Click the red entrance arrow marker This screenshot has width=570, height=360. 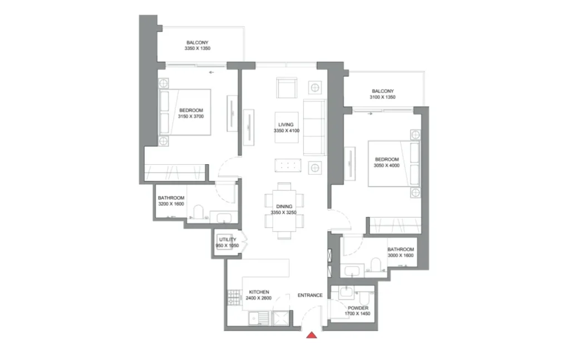point(312,334)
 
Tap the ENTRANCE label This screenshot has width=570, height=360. point(310,295)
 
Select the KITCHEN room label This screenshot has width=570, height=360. point(259,292)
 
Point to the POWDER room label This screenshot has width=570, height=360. point(358,308)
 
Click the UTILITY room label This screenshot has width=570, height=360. point(227,240)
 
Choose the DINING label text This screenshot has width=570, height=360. point(284,206)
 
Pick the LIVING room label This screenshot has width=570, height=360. point(286,125)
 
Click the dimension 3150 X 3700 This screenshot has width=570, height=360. point(191,117)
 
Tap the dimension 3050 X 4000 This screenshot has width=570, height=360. point(386,166)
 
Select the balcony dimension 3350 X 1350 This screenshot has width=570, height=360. point(198,49)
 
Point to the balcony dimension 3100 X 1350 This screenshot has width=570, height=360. point(382,98)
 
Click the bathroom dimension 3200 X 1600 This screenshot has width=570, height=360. point(171,204)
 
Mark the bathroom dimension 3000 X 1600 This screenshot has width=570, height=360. point(401,256)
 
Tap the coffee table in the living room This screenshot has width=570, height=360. point(287,166)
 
